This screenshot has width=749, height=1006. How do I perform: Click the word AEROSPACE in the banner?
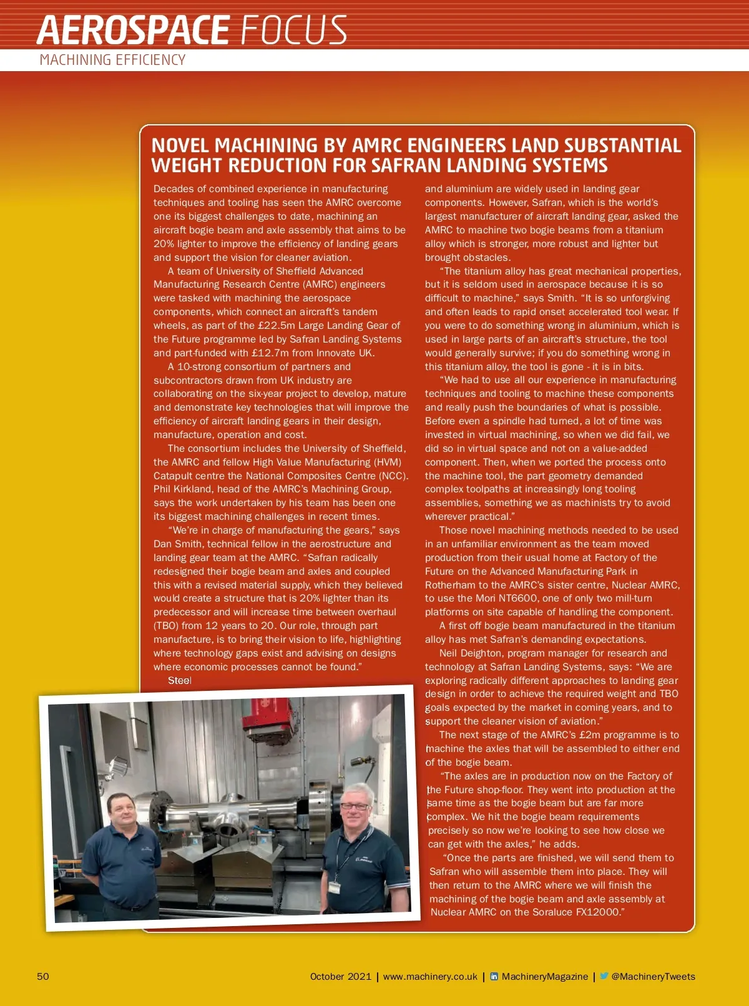click(133, 30)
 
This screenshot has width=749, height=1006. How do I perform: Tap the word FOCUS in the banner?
click(293, 30)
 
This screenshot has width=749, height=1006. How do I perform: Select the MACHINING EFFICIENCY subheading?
click(112, 60)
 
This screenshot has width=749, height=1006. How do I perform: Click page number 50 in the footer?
click(42, 977)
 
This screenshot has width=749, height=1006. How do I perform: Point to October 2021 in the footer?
click(340, 977)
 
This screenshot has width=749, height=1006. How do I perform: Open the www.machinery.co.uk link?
click(430, 977)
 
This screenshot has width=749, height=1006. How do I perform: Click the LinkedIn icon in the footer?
click(494, 976)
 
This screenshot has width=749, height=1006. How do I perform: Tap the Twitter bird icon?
click(604, 976)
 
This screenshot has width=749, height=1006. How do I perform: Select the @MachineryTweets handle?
click(653, 977)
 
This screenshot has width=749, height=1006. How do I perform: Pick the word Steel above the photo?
click(179, 680)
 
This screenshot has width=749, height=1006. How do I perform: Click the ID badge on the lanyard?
click(335, 887)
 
